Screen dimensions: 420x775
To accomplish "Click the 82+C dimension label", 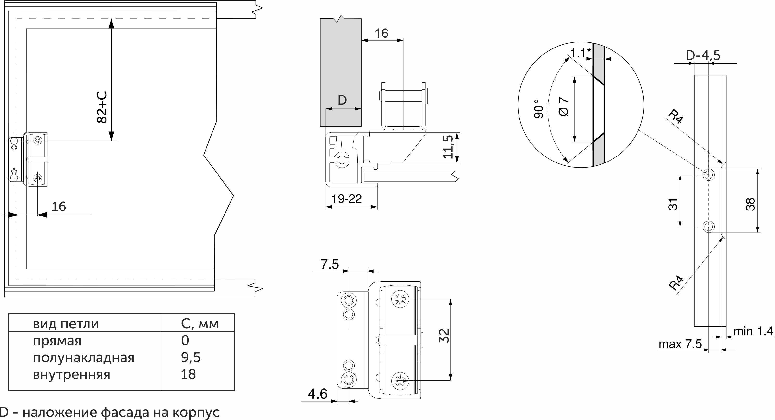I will click(102, 107).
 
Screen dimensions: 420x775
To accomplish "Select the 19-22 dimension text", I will click(347, 199).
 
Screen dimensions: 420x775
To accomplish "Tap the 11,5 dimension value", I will click(448, 147).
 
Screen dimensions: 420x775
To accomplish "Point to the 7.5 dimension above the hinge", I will click(330, 264).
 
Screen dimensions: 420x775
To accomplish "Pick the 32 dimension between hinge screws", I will click(444, 336).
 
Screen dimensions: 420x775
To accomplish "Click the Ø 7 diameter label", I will click(563, 106).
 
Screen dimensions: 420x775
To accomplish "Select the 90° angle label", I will click(539, 108).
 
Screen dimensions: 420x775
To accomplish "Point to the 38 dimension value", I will click(751, 204).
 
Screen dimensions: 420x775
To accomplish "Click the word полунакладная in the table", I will click(83, 358).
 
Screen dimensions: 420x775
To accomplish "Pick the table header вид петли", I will click(66, 324).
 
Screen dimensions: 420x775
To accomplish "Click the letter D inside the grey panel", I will click(342, 100).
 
